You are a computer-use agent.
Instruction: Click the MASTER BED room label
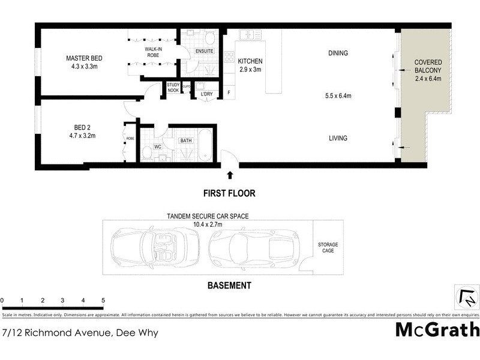tap(84, 58)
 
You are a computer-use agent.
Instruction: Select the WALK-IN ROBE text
tap(153, 52)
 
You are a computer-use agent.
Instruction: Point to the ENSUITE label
tap(205, 52)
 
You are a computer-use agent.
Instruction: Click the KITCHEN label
tap(250, 61)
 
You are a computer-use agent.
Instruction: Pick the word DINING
tap(338, 53)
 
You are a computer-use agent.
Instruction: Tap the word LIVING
tap(338, 139)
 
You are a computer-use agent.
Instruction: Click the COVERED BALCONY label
tap(428, 67)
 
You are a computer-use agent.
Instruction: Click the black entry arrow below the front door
tap(230, 175)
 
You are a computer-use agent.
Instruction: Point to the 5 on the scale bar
tap(103, 300)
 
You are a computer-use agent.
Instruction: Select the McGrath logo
tap(437, 329)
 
